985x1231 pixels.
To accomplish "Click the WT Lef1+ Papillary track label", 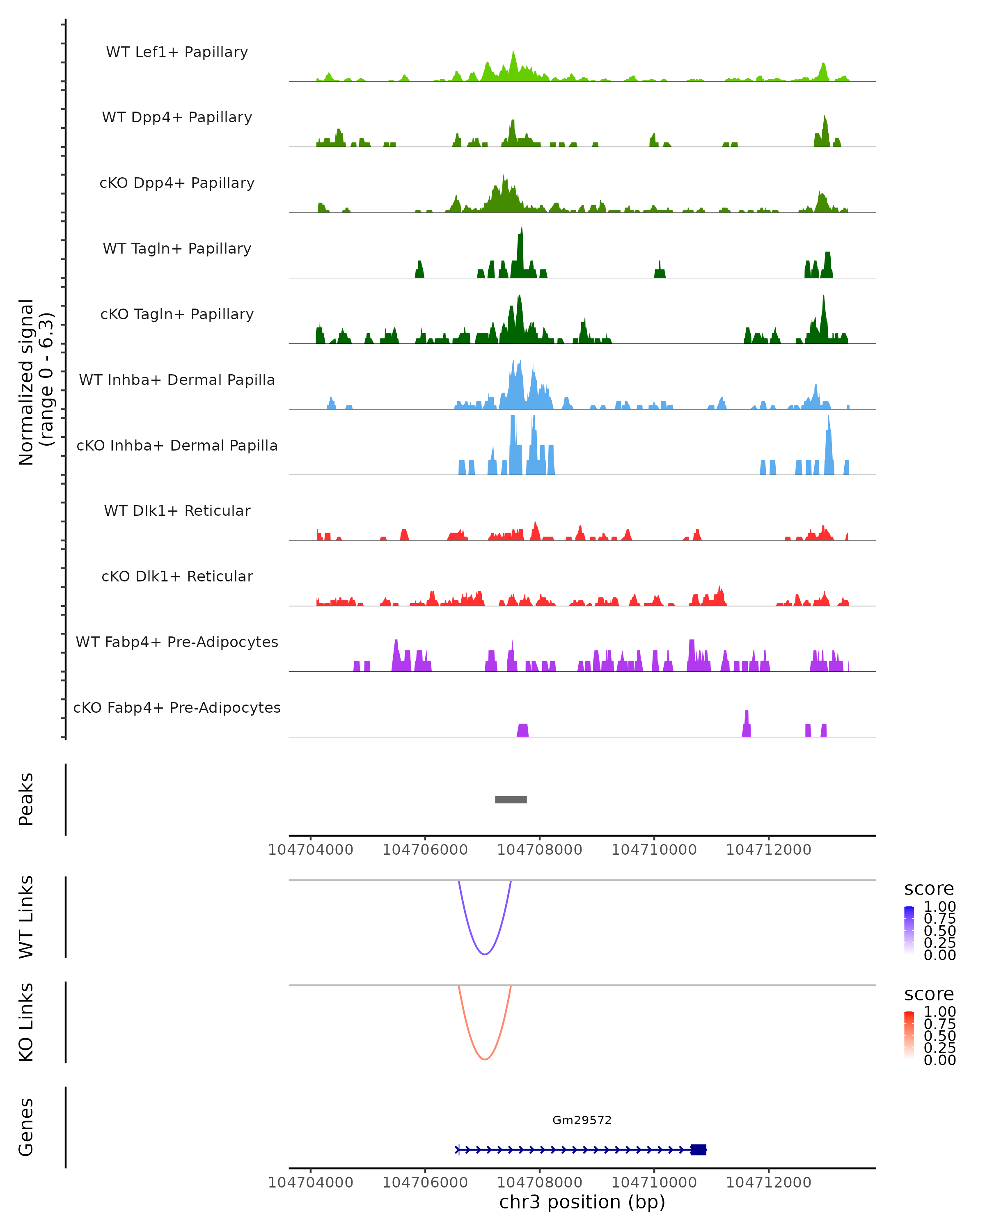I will pos(177,52).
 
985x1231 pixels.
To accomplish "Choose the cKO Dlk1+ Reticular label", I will pos(177,576).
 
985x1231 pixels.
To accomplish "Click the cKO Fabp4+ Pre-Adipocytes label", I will pos(177,707).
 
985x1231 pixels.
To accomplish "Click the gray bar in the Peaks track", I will pos(511,799).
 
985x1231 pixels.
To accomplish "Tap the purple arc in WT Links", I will pos(485,954).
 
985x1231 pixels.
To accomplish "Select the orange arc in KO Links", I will pos(485,1059).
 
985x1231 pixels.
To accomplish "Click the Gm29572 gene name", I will pos(582,1120).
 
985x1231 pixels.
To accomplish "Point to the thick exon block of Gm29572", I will pos(699,1149).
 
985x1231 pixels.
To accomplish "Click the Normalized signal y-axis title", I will pos(35,382).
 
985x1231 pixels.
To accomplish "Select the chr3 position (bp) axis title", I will pos(582,1202).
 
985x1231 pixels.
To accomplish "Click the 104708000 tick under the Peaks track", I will pos(540,850).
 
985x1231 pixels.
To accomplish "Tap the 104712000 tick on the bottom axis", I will pos(769,1183).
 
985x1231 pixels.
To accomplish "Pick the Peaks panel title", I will pos(26,799).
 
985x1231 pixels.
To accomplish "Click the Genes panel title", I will pos(26,1127).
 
